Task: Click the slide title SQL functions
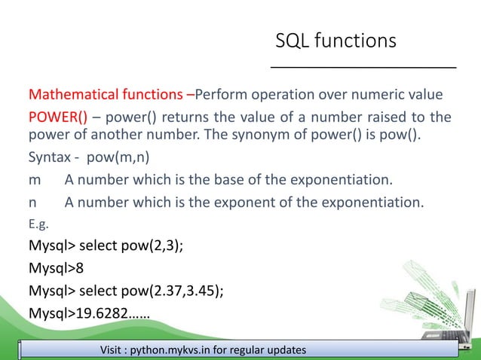(335, 41)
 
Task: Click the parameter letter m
(34, 181)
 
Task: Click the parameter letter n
(32, 202)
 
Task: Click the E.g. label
(38, 222)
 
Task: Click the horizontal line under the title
(363, 69)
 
